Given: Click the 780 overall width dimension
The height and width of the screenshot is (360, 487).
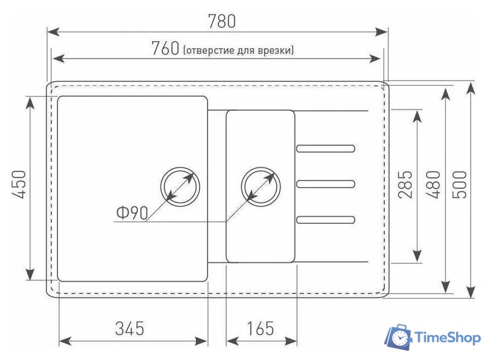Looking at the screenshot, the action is [x=221, y=21].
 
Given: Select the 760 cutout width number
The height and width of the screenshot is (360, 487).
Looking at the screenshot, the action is [x=166, y=48].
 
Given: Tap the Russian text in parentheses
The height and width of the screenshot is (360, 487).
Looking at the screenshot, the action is [x=238, y=50].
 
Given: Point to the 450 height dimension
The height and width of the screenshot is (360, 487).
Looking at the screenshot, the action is [x=19, y=184].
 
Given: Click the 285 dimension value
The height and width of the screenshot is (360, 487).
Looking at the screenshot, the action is [x=405, y=184].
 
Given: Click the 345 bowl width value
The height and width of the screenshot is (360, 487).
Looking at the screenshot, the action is [x=129, y=328].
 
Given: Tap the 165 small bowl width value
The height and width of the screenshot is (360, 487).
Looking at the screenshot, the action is [x=260, y=328].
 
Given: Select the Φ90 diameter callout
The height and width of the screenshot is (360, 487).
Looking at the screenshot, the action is [x=132, y=213].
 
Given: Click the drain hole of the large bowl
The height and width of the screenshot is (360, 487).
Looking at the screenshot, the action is [x=180, y=186].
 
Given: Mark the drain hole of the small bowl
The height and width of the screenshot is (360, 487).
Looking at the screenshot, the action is [x=261, y=186].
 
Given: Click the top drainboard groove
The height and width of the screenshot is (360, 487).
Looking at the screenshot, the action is [x=325, y=148].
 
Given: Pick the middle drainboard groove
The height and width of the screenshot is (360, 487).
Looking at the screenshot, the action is [x=325, y=184].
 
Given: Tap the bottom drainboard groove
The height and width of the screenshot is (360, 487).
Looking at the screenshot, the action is [x=325, y=220].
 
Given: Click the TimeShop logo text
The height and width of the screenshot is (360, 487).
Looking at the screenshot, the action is [x=448, y=338].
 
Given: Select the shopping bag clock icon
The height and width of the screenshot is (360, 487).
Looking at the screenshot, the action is [x=398, y=337].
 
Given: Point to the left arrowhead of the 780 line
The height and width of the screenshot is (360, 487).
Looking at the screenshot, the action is [x=53, y=32].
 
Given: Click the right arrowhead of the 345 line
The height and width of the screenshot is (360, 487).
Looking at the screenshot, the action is [x=201, y=341].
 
